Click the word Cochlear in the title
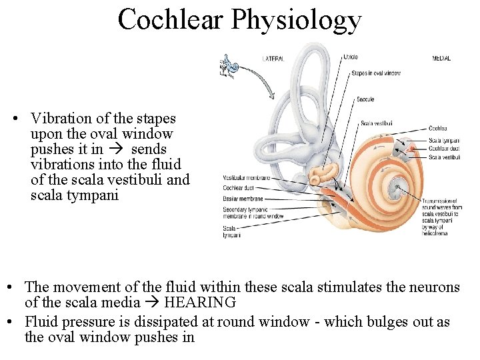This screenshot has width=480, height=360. pos(171,19)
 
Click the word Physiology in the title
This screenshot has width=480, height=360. pos(297,21)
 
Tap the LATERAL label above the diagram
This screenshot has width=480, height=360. pos(273,59)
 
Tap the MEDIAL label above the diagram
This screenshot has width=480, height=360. pos(441,59)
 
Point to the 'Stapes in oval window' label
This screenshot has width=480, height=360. pos(376,73)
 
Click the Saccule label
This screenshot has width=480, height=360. pos(365,100)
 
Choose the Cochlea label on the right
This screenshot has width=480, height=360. pos(438,128)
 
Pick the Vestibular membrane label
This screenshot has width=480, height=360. pos(247,178)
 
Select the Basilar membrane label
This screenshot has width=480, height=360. pos(243,199)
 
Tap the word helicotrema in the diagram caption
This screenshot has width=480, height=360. pos(435,233)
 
